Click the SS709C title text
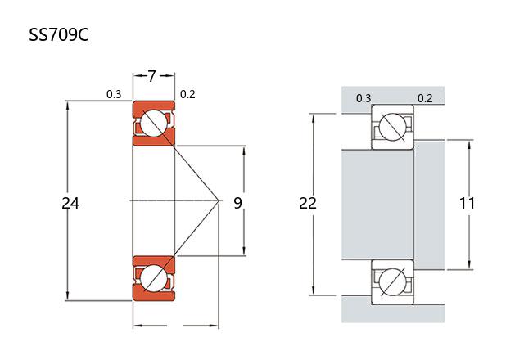click(58, 37)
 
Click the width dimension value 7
click(152, 77)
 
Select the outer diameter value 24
click(71, 202)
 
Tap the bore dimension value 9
click(237, 202)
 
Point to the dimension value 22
click(308, 202)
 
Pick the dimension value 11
click(468, 202)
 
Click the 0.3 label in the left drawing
click(114, 94)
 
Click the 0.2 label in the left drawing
click(187, 94)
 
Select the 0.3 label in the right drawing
click(364, 99)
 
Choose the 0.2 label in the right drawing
click(425, 99)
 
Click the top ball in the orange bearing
click(153, 124)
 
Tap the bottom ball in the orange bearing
click(153, 278)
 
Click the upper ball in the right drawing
click(392, 128)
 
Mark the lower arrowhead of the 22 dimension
click(314, 290)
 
